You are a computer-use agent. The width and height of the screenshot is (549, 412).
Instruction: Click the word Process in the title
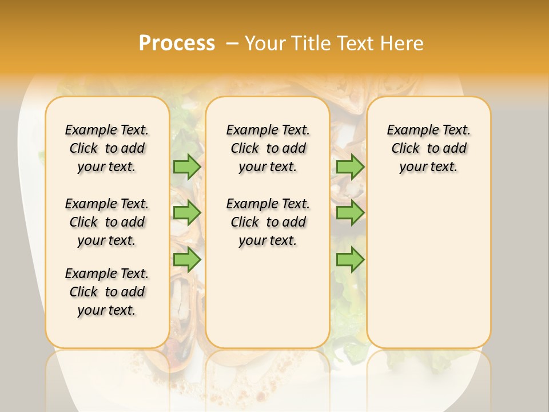177,43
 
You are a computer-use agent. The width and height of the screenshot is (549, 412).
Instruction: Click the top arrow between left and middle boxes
187,167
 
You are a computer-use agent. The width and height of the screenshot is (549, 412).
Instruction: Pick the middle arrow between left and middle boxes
187,213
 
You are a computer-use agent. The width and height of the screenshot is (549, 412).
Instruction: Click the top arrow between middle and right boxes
350,167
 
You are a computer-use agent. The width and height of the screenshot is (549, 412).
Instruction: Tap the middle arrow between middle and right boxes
350,213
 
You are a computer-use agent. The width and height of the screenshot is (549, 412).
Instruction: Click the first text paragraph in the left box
107,148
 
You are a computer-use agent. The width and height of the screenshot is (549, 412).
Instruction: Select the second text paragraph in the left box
107,222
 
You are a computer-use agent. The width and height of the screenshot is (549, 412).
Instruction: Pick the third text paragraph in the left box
107,292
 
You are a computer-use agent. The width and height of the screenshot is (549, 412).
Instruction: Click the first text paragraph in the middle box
268,148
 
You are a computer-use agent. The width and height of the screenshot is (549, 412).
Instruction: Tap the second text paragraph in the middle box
268,222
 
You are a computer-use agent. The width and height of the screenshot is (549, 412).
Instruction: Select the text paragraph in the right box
428,148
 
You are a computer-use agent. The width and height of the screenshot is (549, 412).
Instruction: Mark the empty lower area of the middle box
268,298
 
